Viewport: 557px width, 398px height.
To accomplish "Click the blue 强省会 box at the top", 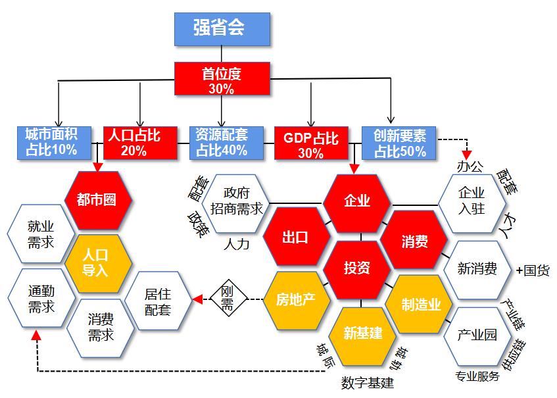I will tap(222, 29).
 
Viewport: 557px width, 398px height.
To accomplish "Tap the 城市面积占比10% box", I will tap(51, 142).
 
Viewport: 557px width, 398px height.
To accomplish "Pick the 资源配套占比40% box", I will tap(222, 142).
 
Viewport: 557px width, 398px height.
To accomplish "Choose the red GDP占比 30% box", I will tap(310, 144).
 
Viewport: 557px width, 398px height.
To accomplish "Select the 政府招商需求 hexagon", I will tap(236, 201).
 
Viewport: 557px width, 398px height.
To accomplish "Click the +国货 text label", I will tap(533, 270).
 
